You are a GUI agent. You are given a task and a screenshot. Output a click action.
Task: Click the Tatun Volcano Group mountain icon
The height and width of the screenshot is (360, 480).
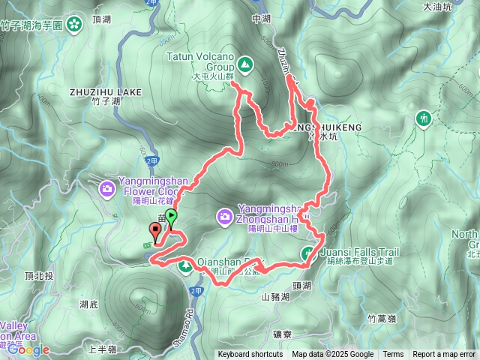point(246,63)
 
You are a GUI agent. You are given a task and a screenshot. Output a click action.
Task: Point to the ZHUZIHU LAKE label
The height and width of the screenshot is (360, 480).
point(105,92)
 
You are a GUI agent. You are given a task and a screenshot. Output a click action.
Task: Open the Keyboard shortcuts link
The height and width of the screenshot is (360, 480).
point(250,355)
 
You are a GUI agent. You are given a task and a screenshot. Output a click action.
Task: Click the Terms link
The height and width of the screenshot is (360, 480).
point(393,355)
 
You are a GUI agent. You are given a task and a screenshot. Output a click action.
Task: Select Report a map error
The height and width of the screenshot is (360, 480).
point(444,355)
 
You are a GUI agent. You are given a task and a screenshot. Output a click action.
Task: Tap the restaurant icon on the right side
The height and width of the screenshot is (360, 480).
point(424,118)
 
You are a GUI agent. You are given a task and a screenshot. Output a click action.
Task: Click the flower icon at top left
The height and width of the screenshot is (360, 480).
point(74,25)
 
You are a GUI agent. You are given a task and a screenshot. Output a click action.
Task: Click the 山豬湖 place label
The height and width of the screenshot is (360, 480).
point(275,297)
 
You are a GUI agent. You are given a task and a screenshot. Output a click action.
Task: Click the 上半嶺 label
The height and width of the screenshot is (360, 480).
point(103,349)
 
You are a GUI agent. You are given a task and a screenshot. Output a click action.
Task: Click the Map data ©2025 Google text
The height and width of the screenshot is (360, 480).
point(332,355)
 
